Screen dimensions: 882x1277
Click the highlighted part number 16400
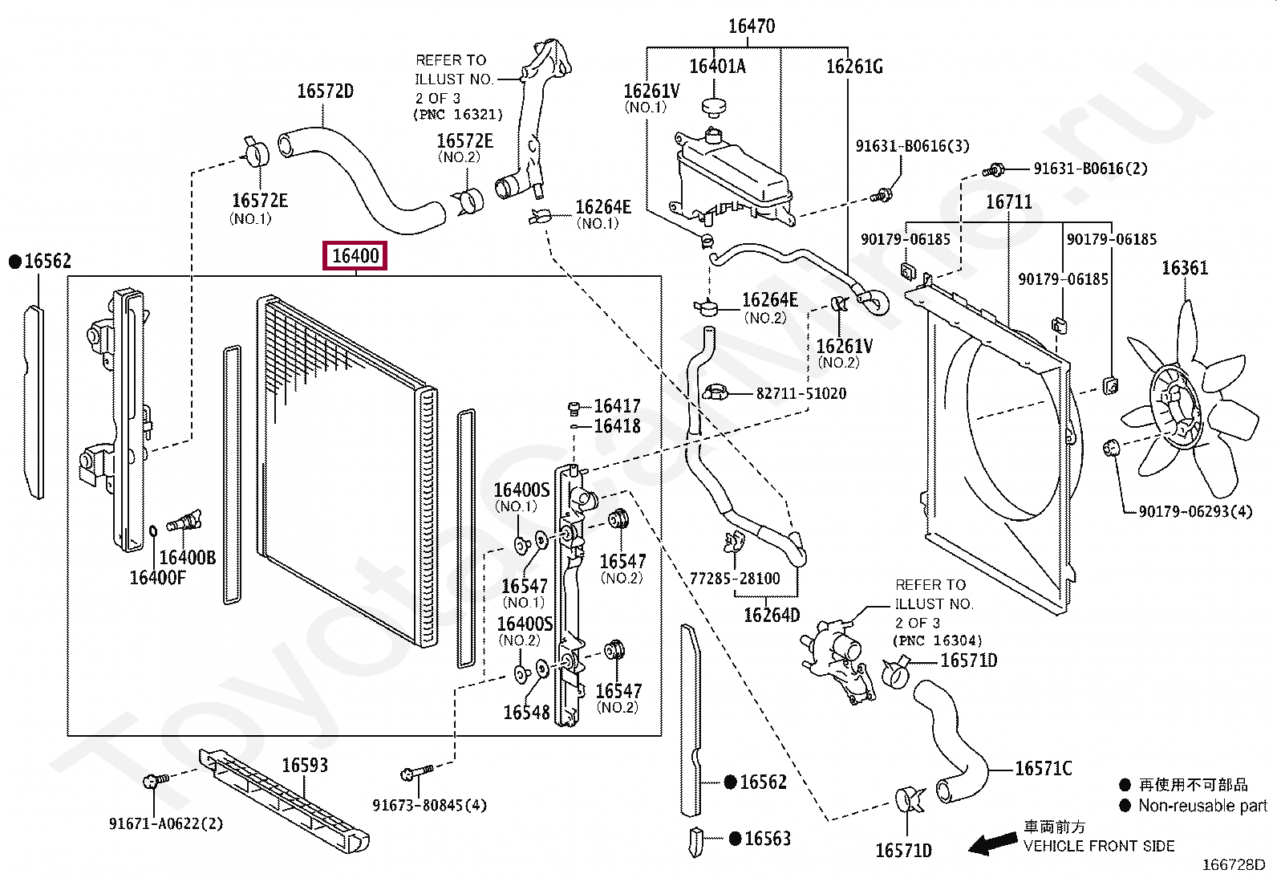(355, 256)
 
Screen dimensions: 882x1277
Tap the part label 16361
(1184, 268)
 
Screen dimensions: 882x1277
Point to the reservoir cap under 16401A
(712, 107)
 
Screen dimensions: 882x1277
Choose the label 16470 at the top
(752, 26)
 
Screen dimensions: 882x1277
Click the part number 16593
(305, 766)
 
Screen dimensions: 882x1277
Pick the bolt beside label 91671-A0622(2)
(154, 781)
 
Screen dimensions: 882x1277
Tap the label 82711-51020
(801, 393)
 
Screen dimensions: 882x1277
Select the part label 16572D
(325, 91)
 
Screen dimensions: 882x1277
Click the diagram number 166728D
(1233, 865)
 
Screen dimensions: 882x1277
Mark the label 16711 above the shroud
(1008, 202)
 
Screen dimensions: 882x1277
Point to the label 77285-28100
(735, 579)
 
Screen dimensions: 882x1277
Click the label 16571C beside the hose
(1043, 769)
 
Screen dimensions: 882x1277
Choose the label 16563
(767, 839)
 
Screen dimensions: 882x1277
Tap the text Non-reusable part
(1202, 806)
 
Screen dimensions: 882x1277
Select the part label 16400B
(188, 558)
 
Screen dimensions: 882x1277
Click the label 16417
(617, 406)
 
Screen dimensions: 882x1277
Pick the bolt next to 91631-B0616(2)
(995, 170)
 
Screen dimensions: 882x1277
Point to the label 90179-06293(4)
(1195, 511)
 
